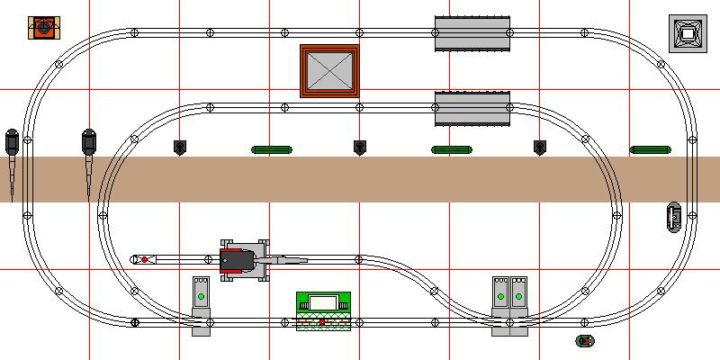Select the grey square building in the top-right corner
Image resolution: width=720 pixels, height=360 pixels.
tap(687, 32)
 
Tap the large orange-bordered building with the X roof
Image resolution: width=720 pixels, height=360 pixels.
tap(329, 71)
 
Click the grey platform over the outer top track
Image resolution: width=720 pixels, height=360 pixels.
tap(472, 33)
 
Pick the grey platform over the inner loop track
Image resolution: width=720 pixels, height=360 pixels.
tap(472, 108)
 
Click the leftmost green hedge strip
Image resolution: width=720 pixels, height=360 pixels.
tap(272, 149)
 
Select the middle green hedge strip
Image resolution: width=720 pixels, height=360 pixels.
tap(452, 149)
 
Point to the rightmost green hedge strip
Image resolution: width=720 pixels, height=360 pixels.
tap(650, 149)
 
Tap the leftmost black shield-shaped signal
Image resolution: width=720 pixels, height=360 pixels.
tap(180, 147)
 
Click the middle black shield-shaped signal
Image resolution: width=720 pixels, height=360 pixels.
tap(360, 147)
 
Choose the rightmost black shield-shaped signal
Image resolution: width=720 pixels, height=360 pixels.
tap(540, 147)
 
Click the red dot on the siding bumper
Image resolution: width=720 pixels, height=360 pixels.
tap(144, 260)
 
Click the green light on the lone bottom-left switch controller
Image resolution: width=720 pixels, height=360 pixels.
tap(202, 295)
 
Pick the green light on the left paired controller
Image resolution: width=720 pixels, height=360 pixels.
tap(500, 295)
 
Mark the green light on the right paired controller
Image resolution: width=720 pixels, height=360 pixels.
tap(517, 295)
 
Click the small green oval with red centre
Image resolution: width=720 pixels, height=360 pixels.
tap(585, 341)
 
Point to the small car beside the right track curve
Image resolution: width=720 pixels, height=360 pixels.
tap(673, 217)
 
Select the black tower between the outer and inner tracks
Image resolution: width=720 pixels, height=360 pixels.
tap(89, 141)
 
